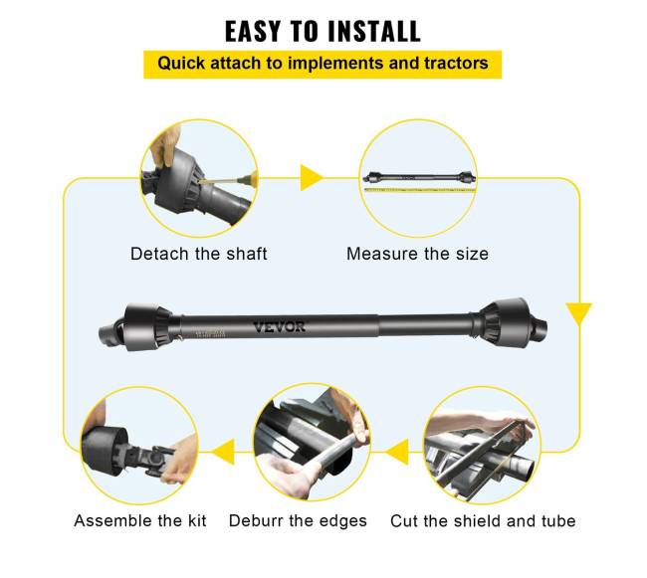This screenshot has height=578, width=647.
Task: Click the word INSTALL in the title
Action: click(373, 31)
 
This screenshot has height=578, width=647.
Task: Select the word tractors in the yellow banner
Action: click(456, 63)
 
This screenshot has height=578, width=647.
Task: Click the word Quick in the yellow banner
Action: click(181, 64)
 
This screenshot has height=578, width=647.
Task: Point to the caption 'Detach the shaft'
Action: click(199, 254)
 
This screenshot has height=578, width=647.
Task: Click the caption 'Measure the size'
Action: click(418, 254)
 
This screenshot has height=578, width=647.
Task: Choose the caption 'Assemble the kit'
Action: click(140, 520)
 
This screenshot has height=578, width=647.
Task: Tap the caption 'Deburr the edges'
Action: click(298, 520)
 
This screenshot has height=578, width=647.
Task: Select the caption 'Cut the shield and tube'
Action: click(483, 521)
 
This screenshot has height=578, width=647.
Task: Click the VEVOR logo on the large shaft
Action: click(280, 327)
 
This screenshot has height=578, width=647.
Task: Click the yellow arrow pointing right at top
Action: click(312, 178)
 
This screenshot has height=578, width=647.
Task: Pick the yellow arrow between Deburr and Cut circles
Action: click(397, 453)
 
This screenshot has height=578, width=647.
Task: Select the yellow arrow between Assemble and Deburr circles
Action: click(223, 453)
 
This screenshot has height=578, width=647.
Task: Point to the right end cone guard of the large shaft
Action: click(505, 320)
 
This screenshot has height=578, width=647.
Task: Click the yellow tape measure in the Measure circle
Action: click(420, 190)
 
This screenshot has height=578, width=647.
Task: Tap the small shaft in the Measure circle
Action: click(419, 178)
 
